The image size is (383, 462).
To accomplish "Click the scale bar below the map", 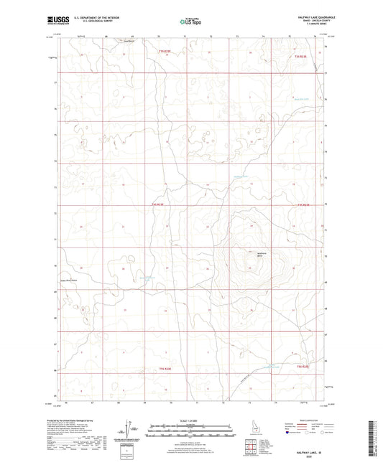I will click(x=191, y=428).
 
